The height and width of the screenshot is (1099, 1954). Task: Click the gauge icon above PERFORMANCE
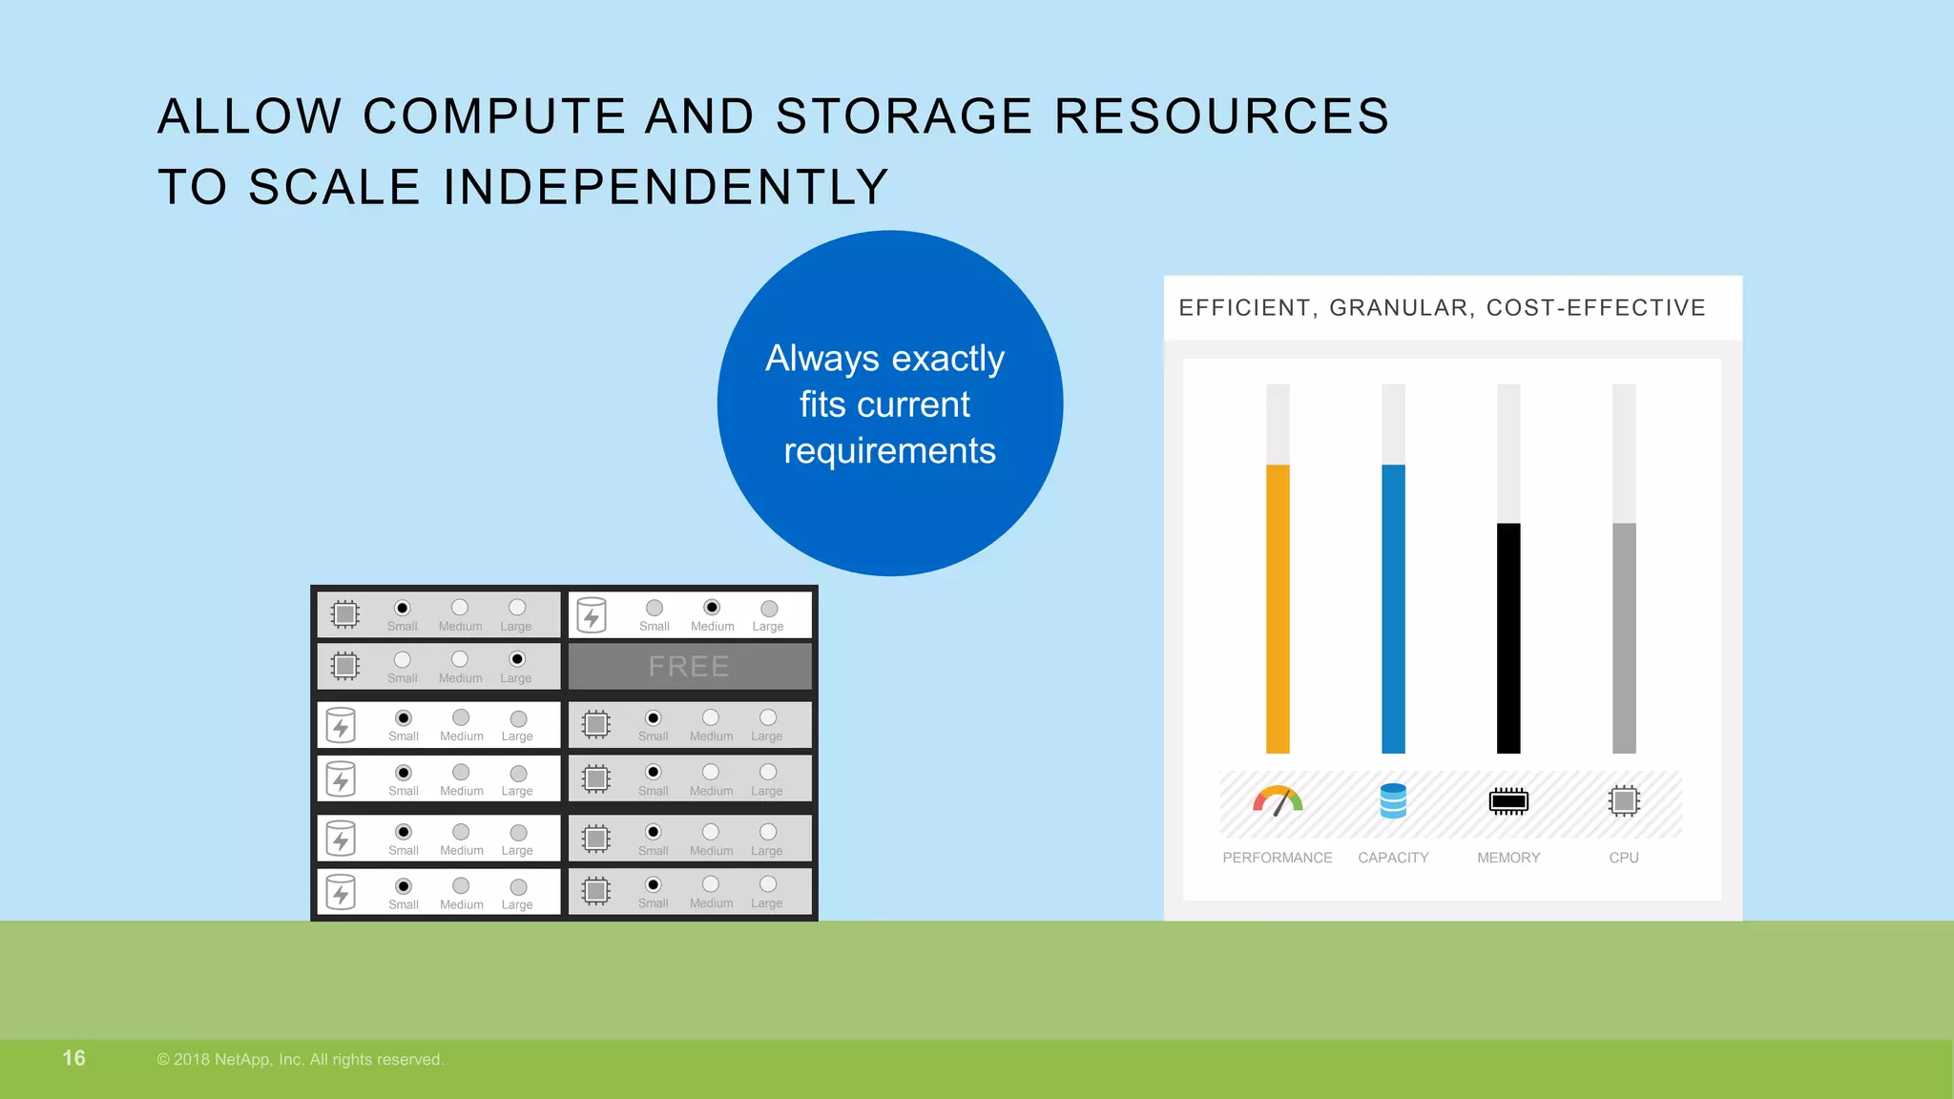pyautogui.click(x=1278, y=801)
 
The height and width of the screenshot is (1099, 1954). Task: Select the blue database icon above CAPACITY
pyautogui.click(x=1393, y=801)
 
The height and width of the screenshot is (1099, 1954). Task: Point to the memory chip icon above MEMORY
pyautogui.click(x=1508, y=801)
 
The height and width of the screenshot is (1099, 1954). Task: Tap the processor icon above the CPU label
pyautogui.click(x=1624, y=801)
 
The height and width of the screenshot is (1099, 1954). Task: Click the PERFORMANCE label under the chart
pyautogui.click(x=1278, y=858)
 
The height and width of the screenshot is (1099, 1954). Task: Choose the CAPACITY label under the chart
pyautogui.click(x=1393, y=858)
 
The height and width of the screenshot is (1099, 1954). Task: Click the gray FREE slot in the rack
pyautogui.click(x=690, y=666)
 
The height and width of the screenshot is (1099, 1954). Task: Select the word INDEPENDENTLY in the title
pyautogui.click(x=666, y=186)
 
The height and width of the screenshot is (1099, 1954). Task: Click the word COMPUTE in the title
pyautogui.click(x=494, y=116)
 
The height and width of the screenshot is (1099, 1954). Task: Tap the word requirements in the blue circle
pyautogui.click(x=889, y=450)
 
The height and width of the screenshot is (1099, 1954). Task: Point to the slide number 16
pyautogui.click(x=73, y=1058)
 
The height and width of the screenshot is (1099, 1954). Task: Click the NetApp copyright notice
pyautogui.click(x=301, y=1060)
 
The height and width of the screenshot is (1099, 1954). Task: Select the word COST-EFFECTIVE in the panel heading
pyautogui.click(x=1596, y=308)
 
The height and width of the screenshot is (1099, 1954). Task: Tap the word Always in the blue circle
pyautogui.click(x=822, y=359)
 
